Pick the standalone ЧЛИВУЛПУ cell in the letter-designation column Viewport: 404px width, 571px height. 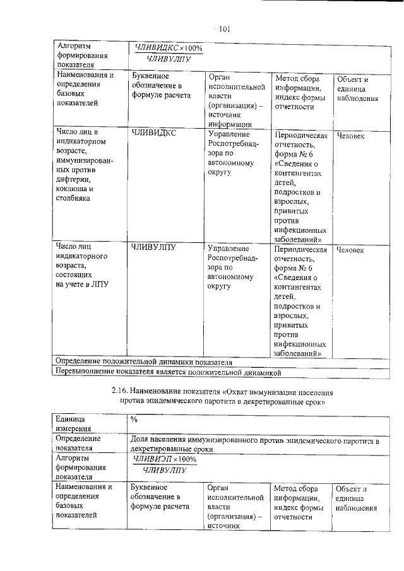[x=153, y=247]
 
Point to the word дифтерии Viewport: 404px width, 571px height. [x=74, y=179]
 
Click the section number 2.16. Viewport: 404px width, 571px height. [x=121, y=392]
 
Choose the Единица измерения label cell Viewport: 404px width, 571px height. [x=76, y=423]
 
